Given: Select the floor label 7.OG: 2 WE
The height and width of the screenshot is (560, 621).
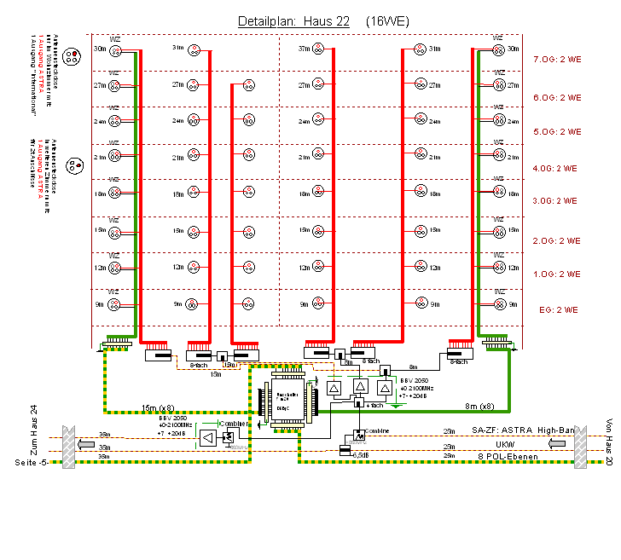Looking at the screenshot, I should coord(556,61).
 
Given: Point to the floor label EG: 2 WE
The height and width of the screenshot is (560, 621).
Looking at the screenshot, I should coord(560,309).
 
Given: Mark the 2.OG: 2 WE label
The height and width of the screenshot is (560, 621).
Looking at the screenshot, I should coord(556,241).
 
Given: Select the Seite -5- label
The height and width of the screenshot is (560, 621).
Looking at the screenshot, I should coord(32,462).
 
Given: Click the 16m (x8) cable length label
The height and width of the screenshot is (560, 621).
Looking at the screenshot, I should coord(160,407).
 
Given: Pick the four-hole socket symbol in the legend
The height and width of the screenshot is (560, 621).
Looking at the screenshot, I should coord(72,57).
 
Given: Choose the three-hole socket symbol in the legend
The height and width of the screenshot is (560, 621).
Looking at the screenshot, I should coord(73,164).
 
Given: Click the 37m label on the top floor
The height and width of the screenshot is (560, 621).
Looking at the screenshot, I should coord(305,49).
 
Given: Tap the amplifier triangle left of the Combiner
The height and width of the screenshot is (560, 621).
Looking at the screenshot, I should coord(207,438).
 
